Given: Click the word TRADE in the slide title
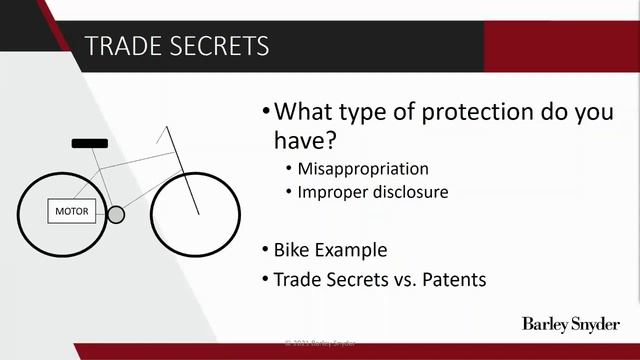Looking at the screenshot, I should pos(118,46).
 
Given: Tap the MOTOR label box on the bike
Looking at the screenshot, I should pos(71,211).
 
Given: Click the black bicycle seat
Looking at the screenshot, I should pos(89,144).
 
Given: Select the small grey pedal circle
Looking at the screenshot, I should pos(116,214).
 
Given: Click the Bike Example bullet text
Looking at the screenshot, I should pos(330,249).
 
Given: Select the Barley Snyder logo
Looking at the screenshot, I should pos(571,324).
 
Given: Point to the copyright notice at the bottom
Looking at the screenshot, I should pos(320,343).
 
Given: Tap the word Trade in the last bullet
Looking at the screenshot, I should pos(298,279).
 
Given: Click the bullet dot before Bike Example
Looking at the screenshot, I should pos(265,249).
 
